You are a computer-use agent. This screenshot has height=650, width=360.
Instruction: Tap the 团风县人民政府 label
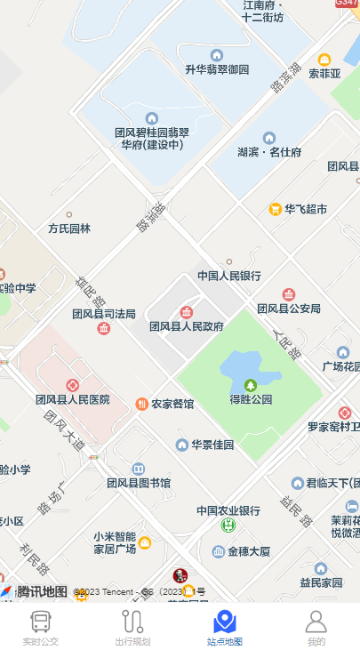(187, 326)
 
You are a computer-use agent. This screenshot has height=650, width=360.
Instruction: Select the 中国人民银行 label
(228, 276)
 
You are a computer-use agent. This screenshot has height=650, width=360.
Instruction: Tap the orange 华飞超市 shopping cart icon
(276, 210)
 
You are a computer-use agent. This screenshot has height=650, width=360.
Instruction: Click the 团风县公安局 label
(288, 309)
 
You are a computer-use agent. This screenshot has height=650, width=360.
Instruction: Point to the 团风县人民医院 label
(73, 399)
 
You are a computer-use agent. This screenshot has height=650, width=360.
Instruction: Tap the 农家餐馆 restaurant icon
(142, 404)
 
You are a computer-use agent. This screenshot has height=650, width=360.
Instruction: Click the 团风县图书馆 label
(139, 483)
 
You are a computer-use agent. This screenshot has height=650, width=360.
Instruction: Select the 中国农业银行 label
(228, 510)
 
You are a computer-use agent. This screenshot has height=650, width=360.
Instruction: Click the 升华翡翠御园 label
(217, 69)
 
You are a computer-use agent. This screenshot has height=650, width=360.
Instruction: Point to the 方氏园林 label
(69, 229)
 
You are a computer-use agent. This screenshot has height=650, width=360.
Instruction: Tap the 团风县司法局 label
(104, 314)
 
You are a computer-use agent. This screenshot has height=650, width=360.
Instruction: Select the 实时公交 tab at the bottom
(41, 627)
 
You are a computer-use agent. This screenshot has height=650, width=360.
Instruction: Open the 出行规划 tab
(132, 627)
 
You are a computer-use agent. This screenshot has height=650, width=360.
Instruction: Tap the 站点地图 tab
(225, 627)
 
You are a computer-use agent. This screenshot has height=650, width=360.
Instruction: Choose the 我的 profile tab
(316, 627)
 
